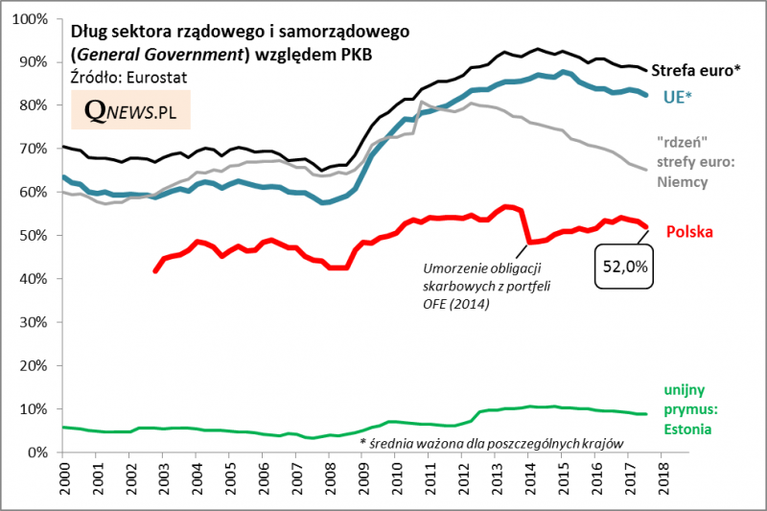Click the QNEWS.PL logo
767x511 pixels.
pyautogui.click(x=130, y=110)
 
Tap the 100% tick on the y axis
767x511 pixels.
pyautogui.click(x=35, y=19)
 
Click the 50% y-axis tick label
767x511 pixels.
pyautogui.click(x=38, y=236)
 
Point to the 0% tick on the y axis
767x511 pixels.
pyautogui.click(x=42, y=453)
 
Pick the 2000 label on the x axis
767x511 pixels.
pyautogui.click(x=66, y=480)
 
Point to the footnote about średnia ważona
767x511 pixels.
pyautogui.click(x=492, y=443)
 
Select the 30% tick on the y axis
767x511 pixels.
pyautogui.click(x=38, y=322)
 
